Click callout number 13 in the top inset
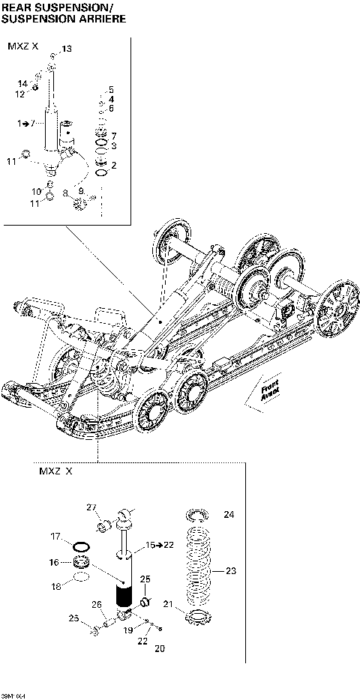click(67, 48)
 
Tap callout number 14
click(22, 82)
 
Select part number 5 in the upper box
click(111, 89)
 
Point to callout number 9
click(81, 192)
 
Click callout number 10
click(35, 192)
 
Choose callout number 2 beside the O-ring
click(113, 164)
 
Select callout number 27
click(91, 508)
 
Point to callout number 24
click(229, 515)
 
